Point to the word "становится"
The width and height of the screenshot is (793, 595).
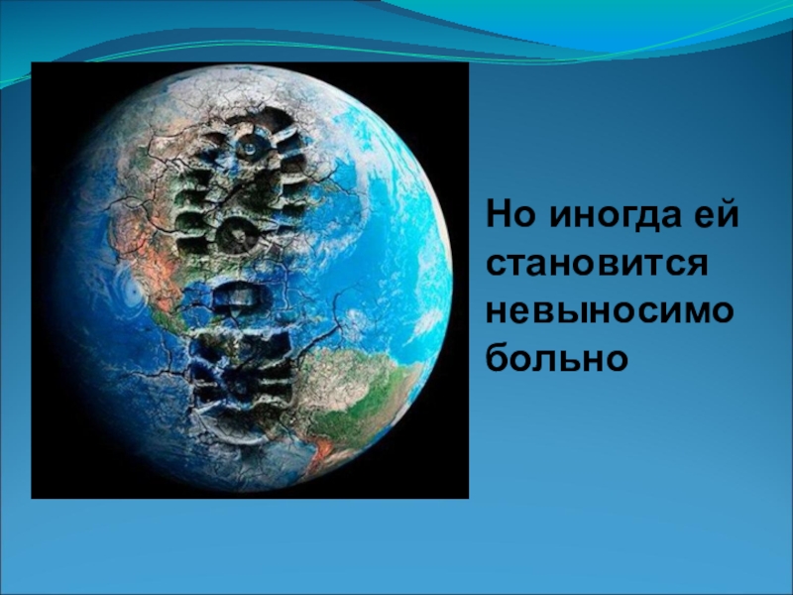pyautogui.click(x=597, y=264)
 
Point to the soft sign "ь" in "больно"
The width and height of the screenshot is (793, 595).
pyautogui.click(x=569, y=359)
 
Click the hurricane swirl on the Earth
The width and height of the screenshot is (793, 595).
pyautogui.click(x=133, y=291)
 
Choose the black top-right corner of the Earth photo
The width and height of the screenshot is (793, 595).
pyautogui.click(x=467, y=63)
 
